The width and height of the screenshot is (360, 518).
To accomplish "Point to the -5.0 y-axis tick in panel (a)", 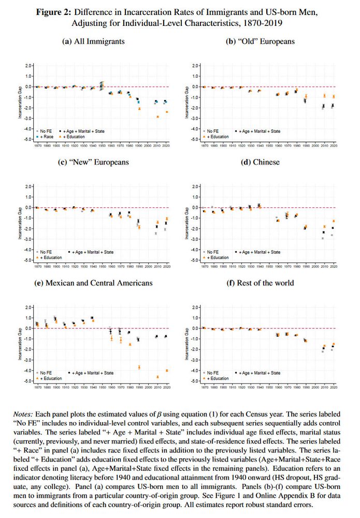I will point(30,139).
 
